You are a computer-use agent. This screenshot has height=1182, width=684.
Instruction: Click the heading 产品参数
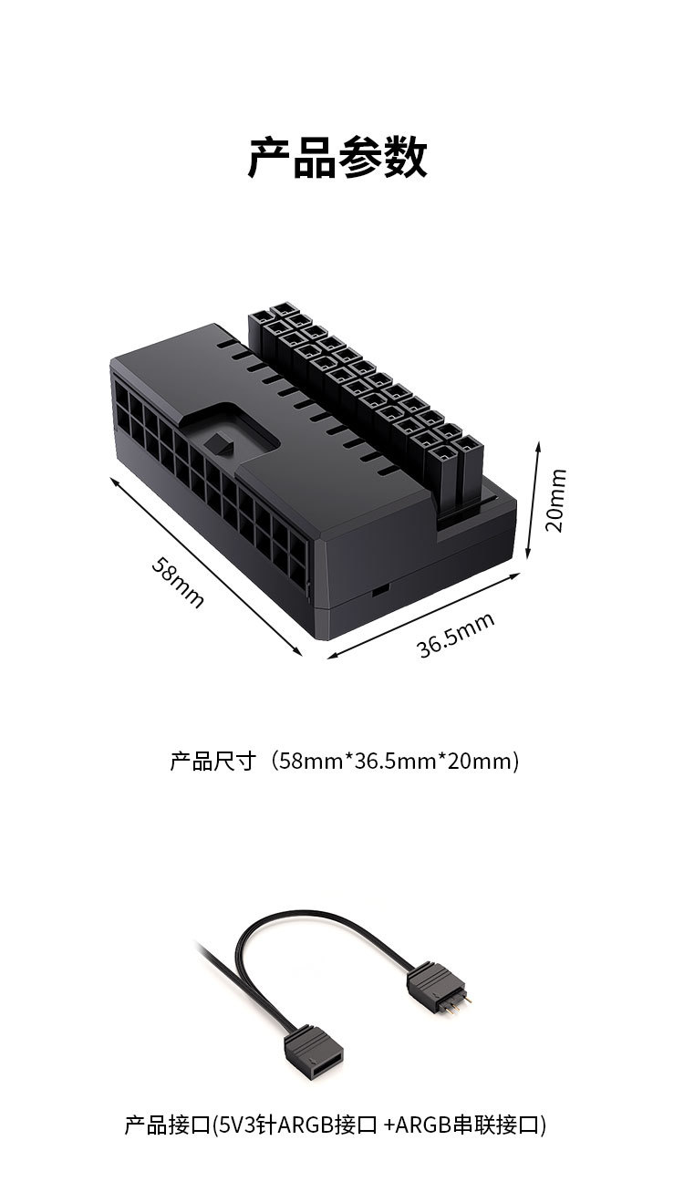[337, 158]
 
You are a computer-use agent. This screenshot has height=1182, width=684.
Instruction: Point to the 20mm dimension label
[554, 500]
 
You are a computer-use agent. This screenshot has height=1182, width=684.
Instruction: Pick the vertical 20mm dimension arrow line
[534, 500]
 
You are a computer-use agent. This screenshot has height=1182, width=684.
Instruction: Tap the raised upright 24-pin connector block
[365, 392]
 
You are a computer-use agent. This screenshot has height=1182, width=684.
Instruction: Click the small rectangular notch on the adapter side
[377, 590]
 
